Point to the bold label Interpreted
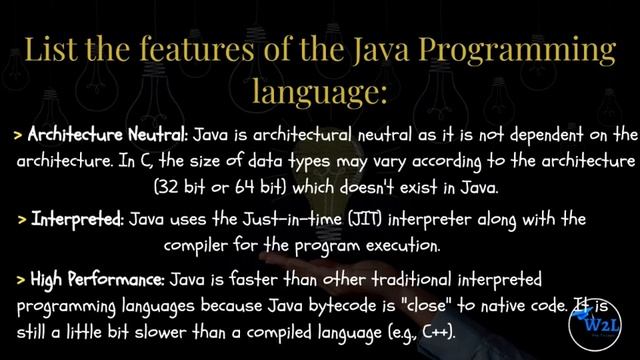click(75, 218)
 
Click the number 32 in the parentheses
click(168, 187)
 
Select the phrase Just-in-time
click(291, 218)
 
